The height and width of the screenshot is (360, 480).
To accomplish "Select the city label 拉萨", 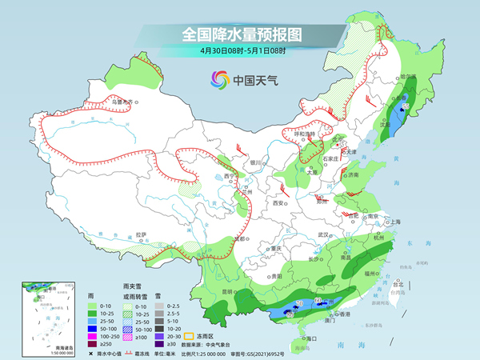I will pyautogui.click(x=142, y=234).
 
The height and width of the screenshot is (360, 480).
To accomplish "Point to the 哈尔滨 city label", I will pyautogui.click(x=410, y=77).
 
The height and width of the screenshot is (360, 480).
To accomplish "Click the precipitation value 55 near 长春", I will pyautogui.click(x=406, y=106).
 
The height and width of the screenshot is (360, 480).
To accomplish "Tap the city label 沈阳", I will pyautogui.click(x=387, y=125).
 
